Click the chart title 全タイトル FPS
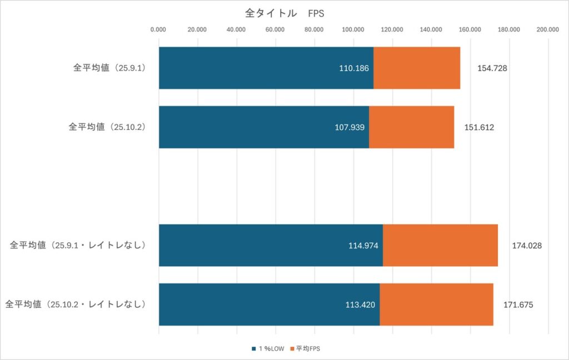pyautogui.click(x=284, y=13)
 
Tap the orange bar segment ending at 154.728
pyautogui.click(x=417, y=68)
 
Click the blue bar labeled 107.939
pyautogui.click(x=263, y=127)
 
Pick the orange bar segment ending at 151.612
pyautogui.click(x=411, y=127)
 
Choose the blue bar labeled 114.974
pyautogui.click(x=271, y=245)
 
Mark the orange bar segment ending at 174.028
pyautogui.click(x=440, y=245)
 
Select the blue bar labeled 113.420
pyautogui.click(x=269, y=304)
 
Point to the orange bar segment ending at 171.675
pyautogui.click(x=436, y=304)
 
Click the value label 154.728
pyautogui.click(x=492, y=68)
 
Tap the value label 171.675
pyautogui.click(x=518, y=305)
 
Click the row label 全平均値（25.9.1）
pyautogui.click(x=108, y=68)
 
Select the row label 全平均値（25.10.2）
pyautogui.click(x=106, y=127)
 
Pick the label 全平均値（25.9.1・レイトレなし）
pyautogui.click(x=78, y=245)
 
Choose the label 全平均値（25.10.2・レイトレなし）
pyautogui.click(x=76, y=304)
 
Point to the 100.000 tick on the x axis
pyautogui.click(x=353, y=30)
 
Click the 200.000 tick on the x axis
pyautogui.click(x=548, y=30)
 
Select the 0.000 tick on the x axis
pyautogui.click(x=158, y=30)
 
